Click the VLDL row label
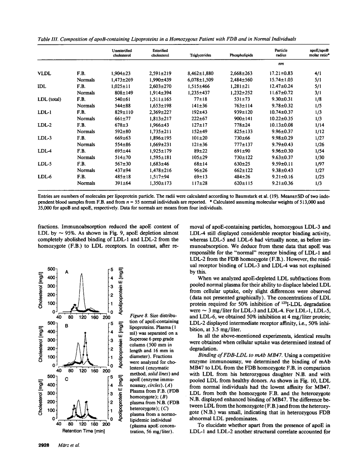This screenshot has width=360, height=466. (x=44, y=73)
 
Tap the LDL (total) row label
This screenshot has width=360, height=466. (x=49, y=99)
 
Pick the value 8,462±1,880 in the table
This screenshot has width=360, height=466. (x=200, y=73)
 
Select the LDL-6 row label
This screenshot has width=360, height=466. (x=45, y=177)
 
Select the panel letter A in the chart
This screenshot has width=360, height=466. (x=67, y=272)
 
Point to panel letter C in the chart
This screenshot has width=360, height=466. (x=67, y=379)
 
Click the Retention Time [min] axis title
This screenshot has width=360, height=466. (x=82, y=431)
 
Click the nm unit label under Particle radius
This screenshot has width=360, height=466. (x=281, y=64)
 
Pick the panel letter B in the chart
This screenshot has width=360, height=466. (x=67, y=326)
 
